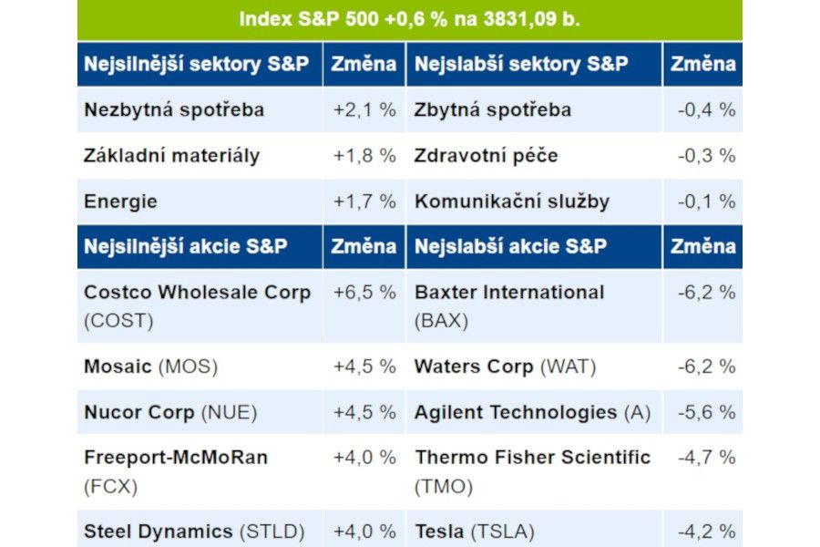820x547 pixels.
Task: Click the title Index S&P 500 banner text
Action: click(x=409, y=19)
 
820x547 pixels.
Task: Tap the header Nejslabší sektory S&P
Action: click(x=521, y=64)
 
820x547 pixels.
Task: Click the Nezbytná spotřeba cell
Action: click(x=174, y=109)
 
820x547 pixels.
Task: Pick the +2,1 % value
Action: click(x=364, y=109)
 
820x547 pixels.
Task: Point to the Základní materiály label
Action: click(x=171, y=156)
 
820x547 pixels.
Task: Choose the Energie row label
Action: click(x=120, y=201)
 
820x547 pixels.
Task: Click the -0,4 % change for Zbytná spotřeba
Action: click(x=706, y=109)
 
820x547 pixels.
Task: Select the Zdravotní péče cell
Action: click(x=486, y=156)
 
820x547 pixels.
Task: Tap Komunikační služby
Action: click(x=512, y=201)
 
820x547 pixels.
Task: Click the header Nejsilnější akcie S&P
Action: click(x=186, y=246)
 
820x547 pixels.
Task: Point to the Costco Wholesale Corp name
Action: click(x=197, y=293)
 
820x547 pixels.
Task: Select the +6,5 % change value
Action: click(x=364, y=293)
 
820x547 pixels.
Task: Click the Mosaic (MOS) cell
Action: click(x=150, y=366)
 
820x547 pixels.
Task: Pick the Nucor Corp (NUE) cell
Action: click(x=170, y=412)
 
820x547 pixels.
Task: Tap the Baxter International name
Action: click(x=509, y=293)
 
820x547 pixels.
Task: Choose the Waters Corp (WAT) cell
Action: click(x=505, y=366)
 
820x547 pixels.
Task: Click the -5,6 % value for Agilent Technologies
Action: click(x=706, y=412)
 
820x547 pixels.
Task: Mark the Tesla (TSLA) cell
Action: click(x=474, y=532)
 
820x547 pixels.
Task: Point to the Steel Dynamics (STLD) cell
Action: click(x=194, y=532)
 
